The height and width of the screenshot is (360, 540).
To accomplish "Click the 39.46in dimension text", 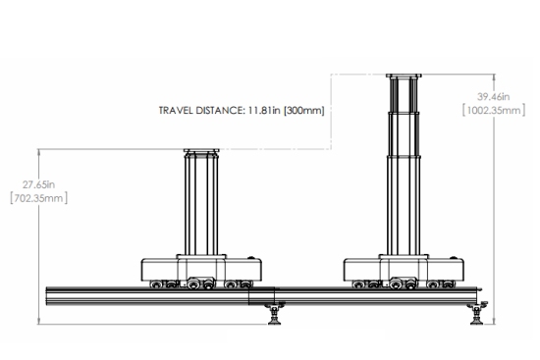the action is (493, 97).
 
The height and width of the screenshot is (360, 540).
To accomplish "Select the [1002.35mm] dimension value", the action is (494, 111).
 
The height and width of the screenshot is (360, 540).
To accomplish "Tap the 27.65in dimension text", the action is (38, 184).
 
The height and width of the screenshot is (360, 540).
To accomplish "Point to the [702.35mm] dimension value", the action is (38, 198).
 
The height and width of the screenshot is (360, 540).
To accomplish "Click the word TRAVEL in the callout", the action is (176, 111).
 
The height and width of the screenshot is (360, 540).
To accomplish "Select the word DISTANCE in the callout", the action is (220, 111).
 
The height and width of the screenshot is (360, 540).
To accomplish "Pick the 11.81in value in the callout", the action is (264, 111).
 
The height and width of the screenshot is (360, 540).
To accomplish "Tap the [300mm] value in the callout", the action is (303, 111).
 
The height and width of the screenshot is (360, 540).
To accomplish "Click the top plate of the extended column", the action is (404, 76).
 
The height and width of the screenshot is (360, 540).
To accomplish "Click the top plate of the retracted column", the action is (201, 151).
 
